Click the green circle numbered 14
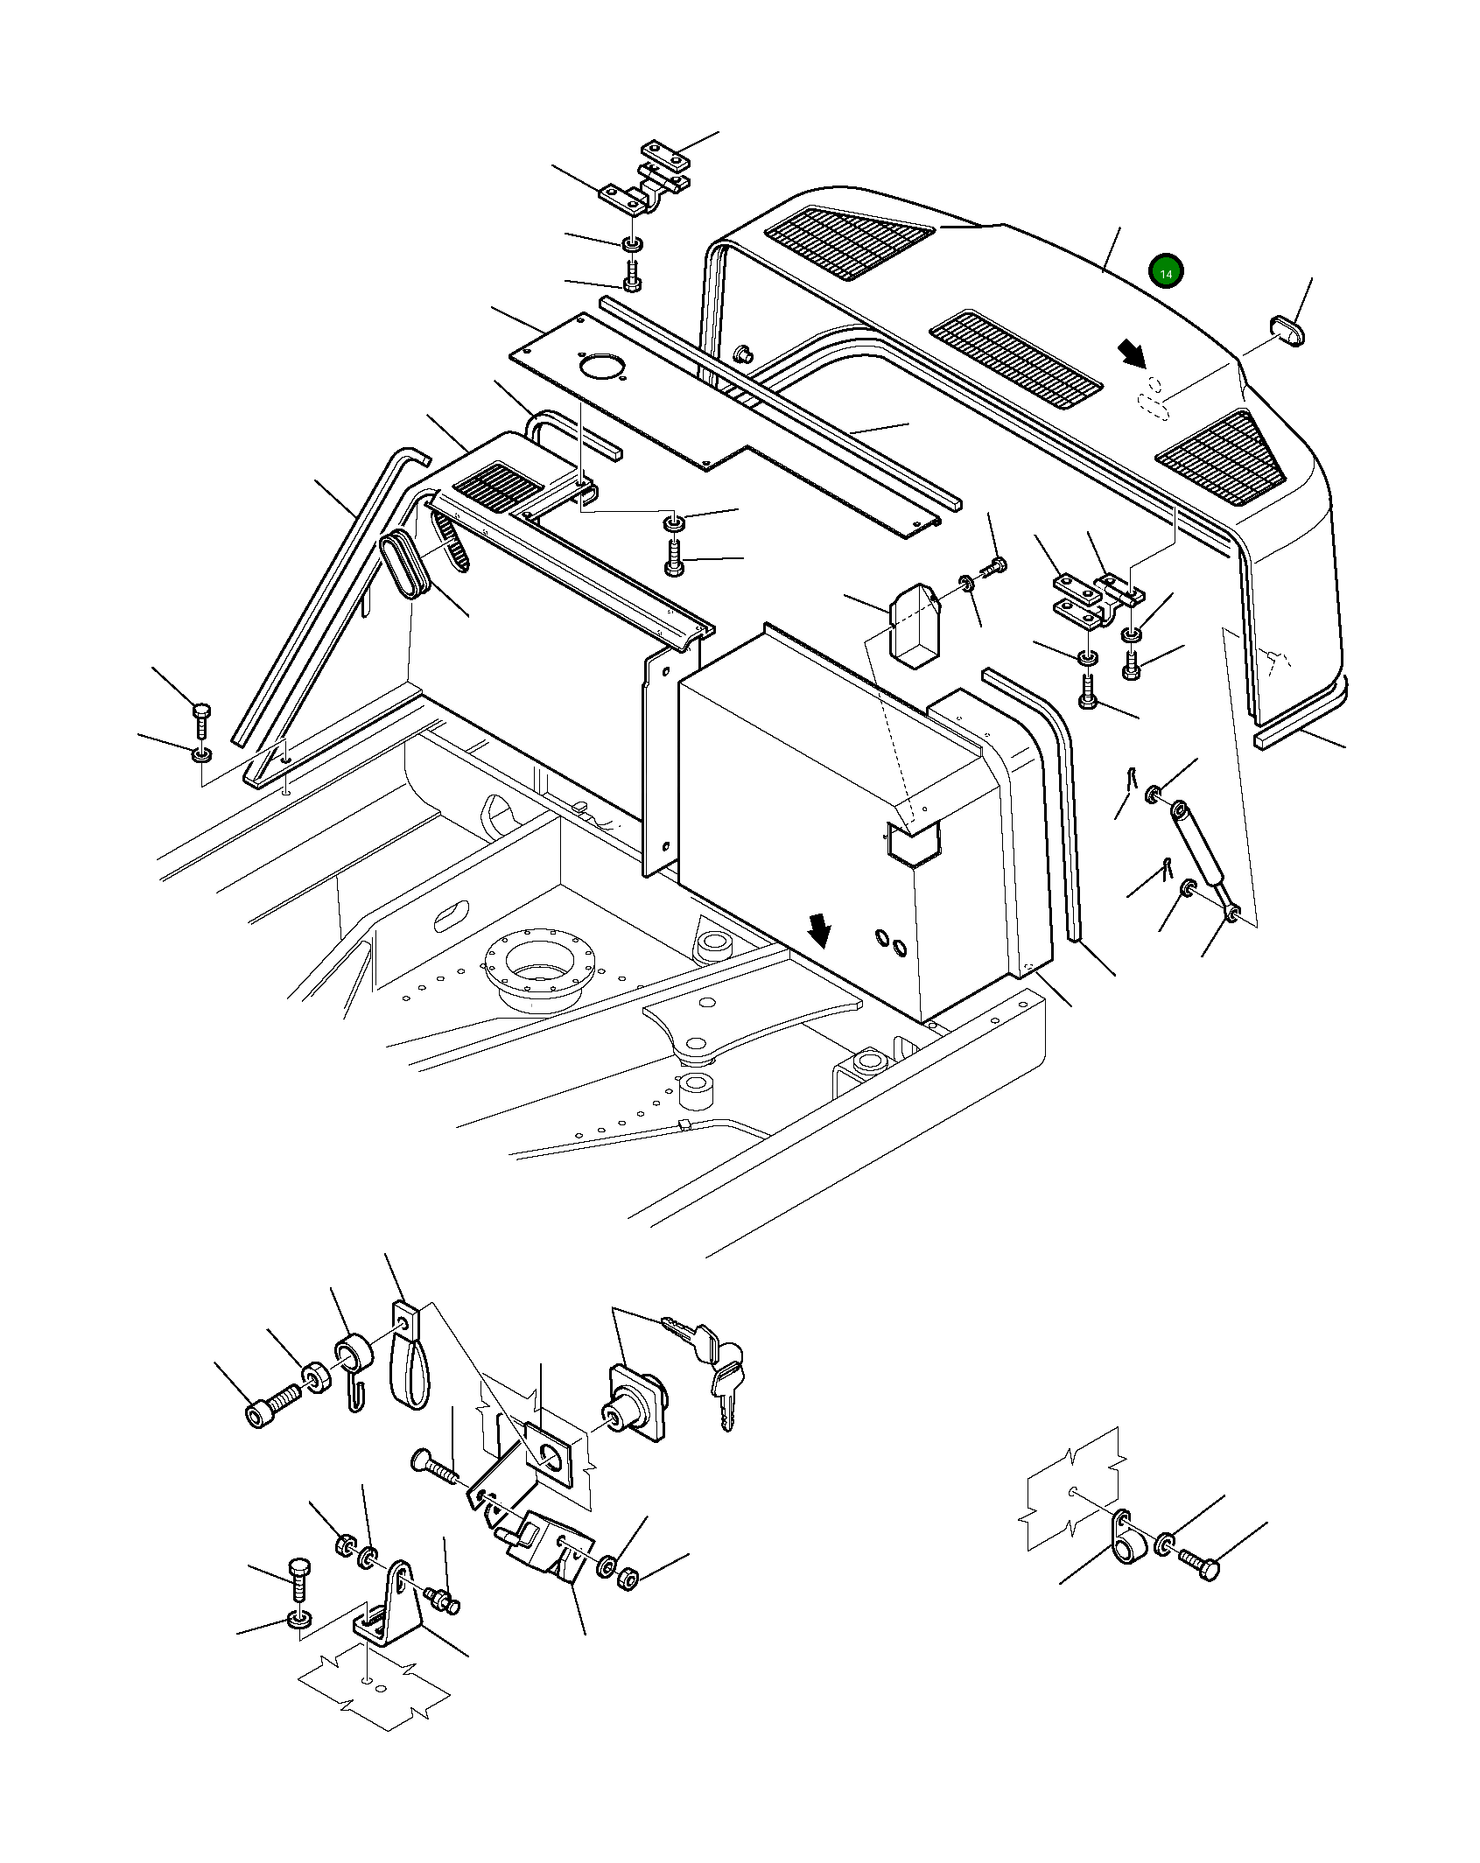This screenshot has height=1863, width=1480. (1166, 273)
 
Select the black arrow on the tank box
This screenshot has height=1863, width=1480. (820, 930)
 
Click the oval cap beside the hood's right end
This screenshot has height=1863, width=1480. (1287, 333)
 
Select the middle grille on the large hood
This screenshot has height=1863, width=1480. (1015, 360)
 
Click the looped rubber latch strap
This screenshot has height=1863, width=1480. (409, 1373)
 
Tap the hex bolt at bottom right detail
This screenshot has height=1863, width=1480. (1199, 1564)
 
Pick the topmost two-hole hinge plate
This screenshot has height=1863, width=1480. (667, 156)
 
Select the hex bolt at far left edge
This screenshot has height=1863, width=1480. (201, 718)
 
